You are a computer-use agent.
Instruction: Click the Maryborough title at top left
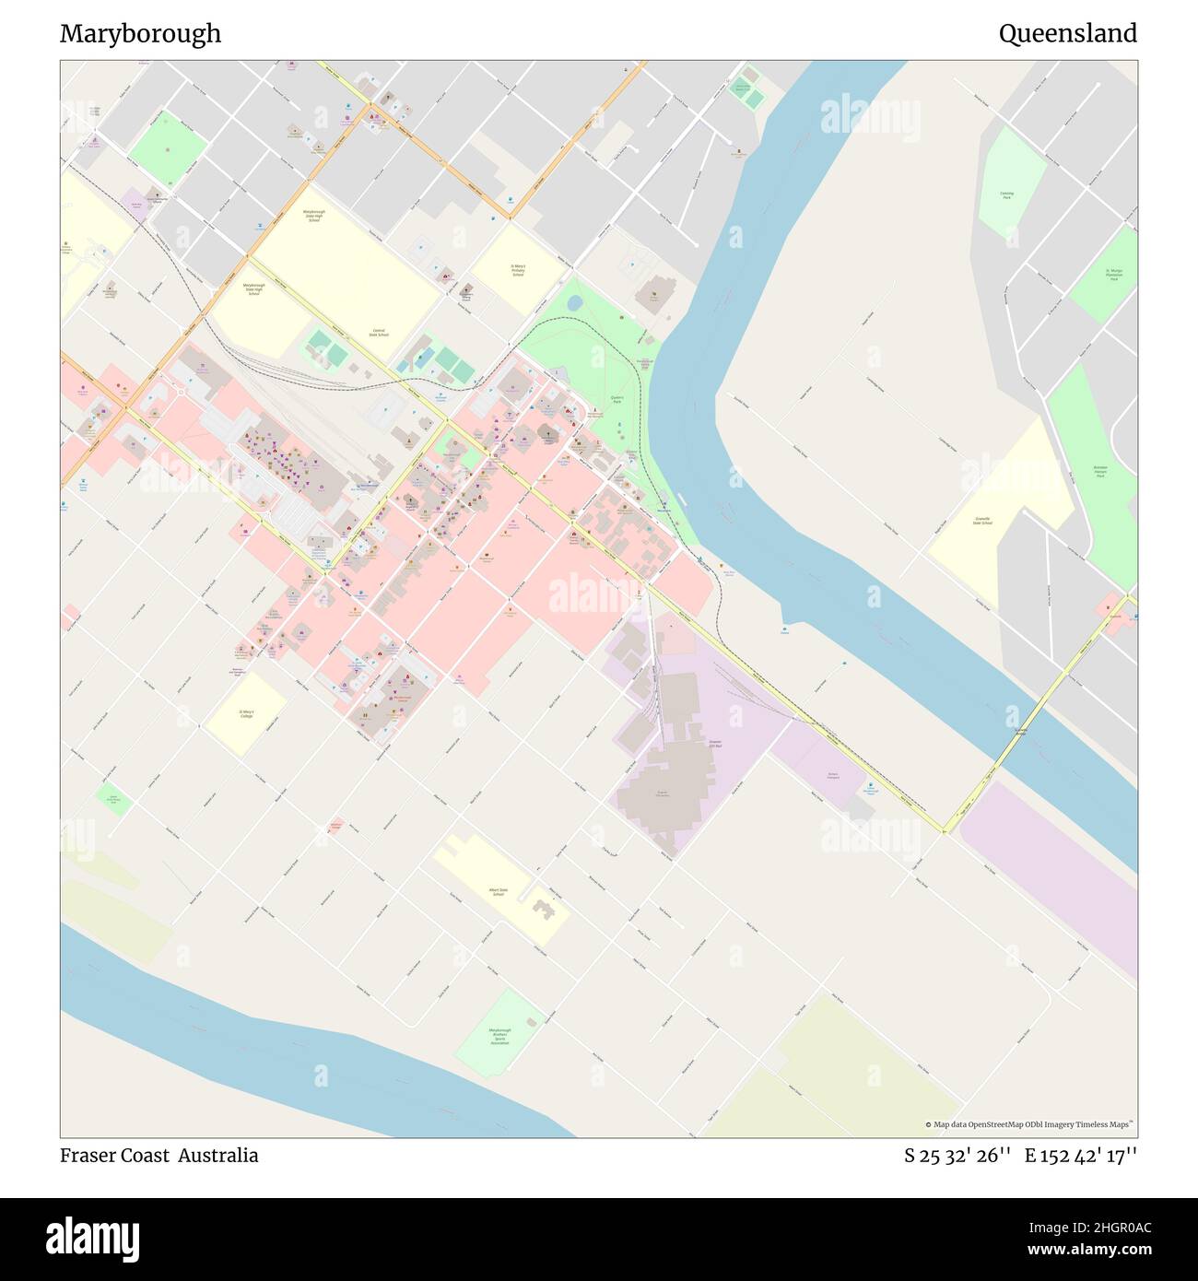click(140, 34)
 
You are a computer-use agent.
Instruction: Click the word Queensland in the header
click(1067, 34)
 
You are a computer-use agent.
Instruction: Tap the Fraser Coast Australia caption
click(159, 1156)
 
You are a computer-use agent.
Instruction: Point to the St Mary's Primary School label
click(518, 271)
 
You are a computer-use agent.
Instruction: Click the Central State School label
click(378, 333)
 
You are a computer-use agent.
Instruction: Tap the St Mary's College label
click(246, 714)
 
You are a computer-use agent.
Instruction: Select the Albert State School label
click(497, 892)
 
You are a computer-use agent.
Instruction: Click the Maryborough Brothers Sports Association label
click(499, 1037)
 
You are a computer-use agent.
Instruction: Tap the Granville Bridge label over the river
click(1021, 731)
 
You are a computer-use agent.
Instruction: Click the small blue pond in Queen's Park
click(574, 302)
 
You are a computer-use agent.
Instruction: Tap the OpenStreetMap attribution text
click(1030, 1124)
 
